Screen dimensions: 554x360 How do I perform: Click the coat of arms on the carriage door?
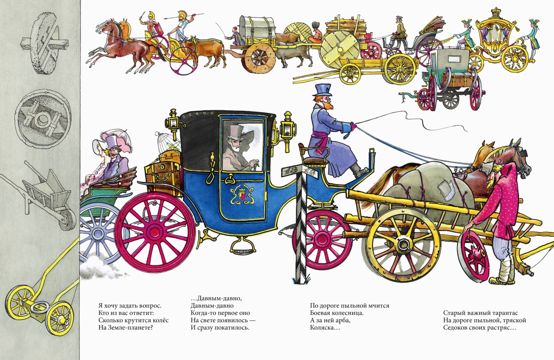[241, 195]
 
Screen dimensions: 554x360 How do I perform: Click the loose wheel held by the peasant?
[474, 253]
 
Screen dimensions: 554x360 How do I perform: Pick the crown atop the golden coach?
[495, 12]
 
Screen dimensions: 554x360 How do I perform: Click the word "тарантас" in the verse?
[505, 313]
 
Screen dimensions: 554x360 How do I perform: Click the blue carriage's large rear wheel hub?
[156, 233]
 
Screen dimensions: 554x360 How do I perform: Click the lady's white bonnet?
[99, 148]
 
